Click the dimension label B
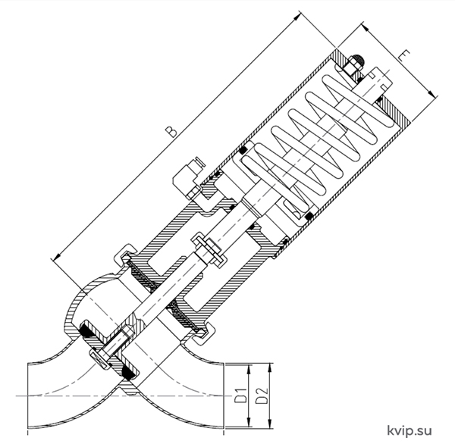click(x=172, y=131)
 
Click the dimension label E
click(x=404, y=55)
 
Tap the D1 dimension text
click(x=240, y=396)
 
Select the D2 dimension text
click(x=262, y=396)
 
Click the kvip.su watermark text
click(x=409, y=430)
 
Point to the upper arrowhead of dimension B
click(x=297, y=17)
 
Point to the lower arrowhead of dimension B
click(x=56, y=257)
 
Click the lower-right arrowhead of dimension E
click(x=431, y=93)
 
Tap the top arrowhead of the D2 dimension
click(x=270, y=367)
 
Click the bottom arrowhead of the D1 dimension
click(x=249, y=423)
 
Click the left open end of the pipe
click(x=28, y=395)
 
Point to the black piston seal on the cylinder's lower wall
click(x=309, y=216)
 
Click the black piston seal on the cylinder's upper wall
click(x=243, y=151)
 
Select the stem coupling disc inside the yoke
click(x=209, y=249)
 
